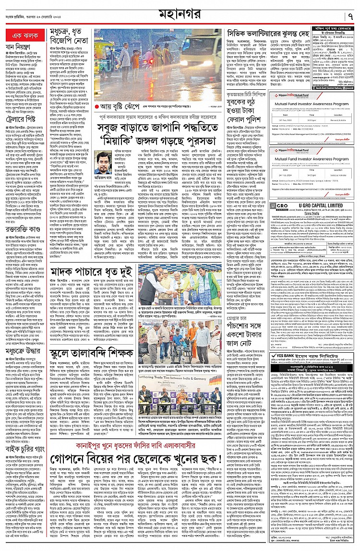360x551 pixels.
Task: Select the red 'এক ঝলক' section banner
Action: click(x=24, y=36)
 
